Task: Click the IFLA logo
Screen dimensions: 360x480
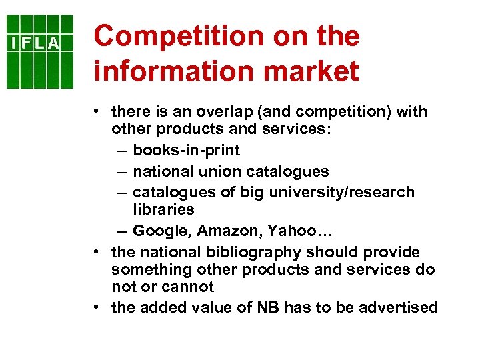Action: point(40,51)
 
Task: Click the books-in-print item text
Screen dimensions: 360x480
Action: point(187,150)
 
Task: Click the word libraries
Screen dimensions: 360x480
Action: point(164,209)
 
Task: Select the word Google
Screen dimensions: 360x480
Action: point(157,231)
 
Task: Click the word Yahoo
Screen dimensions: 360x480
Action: point(292,231)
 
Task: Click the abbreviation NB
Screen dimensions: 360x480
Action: point(269,308)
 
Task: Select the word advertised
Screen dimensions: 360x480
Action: point(399,308)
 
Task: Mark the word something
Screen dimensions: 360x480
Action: point(147,270)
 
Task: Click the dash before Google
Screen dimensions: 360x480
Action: point(121,231)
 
